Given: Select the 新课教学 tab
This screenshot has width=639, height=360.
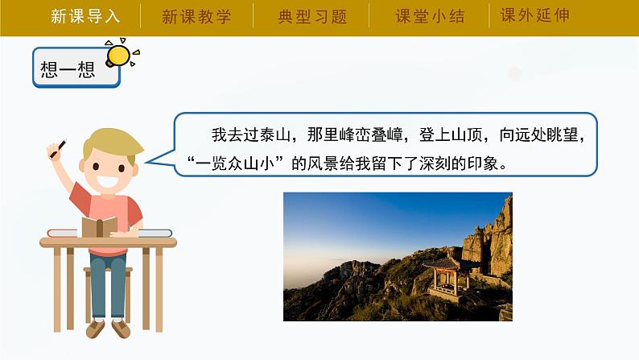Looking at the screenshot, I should [196, 16].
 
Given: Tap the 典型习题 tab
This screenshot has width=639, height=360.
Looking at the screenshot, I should [311, 16].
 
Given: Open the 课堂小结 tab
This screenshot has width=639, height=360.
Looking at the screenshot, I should [431, 16].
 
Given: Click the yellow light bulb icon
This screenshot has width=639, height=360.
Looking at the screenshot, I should [118, 53].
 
